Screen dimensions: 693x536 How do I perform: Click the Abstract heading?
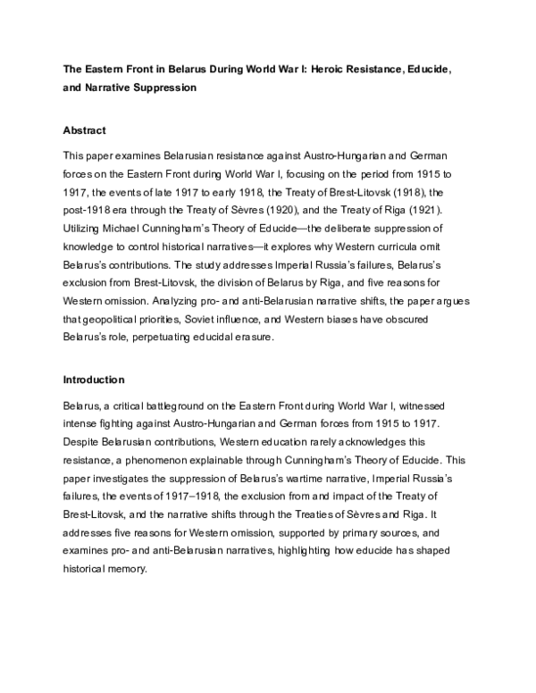(88, 129)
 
